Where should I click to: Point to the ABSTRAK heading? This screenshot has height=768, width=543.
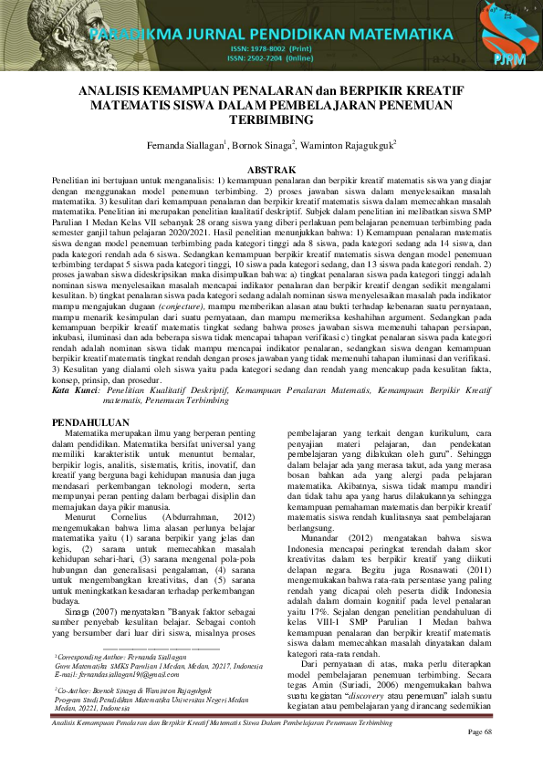271,171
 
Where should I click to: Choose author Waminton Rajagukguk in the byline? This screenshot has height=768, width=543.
352,146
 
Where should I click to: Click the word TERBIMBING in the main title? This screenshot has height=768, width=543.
271,119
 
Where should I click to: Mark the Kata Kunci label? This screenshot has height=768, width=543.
75,389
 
